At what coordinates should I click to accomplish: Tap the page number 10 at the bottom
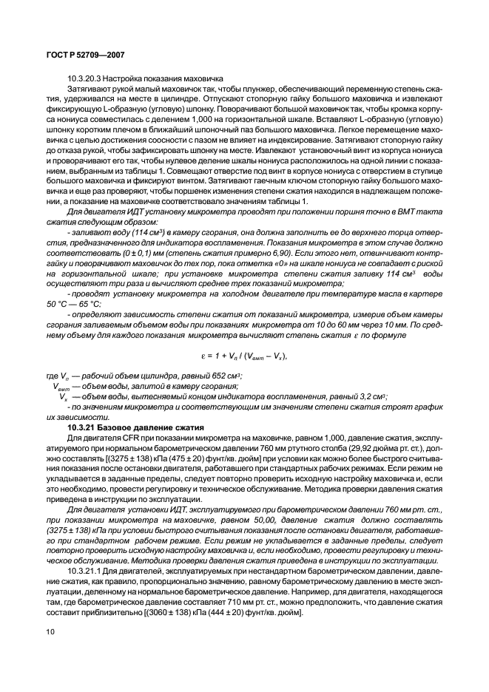(51, 631)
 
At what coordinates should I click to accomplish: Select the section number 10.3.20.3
(84, 79)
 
